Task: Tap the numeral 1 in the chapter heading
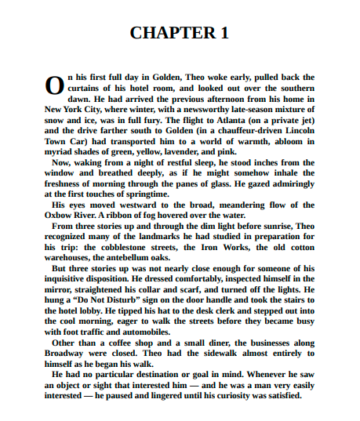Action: coord(224,33)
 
